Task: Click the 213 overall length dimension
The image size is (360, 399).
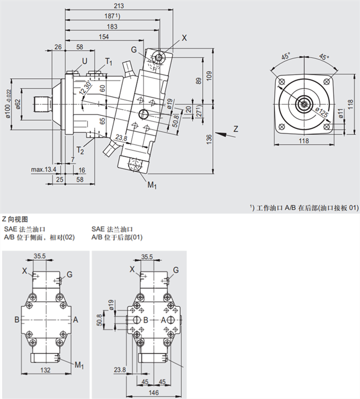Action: pos(119,6)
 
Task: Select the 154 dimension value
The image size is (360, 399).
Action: pos(104,37)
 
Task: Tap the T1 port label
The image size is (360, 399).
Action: pos(109,62)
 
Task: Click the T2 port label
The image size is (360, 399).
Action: pos(80,151)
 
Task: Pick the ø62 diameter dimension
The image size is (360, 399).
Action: pos(18,104)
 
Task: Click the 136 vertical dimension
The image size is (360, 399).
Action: pos(210,139)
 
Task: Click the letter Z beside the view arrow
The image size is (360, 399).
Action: pos(236,129)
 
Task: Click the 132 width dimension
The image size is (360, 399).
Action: pos(46,370)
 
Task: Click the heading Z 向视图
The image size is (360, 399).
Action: pos(15,219)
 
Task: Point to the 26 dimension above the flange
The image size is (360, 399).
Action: pos(58,47)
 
